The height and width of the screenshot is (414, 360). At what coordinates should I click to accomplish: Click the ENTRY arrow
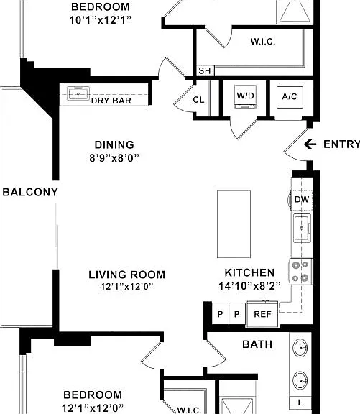point(310,144)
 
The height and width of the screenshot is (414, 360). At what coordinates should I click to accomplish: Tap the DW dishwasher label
point(302,199)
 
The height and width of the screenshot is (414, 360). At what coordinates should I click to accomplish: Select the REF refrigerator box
point(262,314)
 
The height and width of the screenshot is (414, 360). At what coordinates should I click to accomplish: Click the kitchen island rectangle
point(234,224)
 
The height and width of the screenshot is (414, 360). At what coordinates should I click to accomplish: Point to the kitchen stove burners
point(300,271)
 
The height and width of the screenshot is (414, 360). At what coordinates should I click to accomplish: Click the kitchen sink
point(302,228)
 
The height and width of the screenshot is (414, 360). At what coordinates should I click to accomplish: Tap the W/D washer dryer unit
point(246,97)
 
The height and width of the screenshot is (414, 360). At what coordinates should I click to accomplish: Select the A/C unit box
point(290,97)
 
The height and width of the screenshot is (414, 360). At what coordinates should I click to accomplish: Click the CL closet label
point(198,100)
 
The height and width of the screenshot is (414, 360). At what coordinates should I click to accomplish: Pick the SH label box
point(205,70)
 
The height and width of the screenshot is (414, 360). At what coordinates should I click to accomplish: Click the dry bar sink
point(78,93)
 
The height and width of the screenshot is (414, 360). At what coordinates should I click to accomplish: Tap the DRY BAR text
point(111,101)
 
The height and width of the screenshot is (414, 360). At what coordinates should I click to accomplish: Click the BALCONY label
point(30,192)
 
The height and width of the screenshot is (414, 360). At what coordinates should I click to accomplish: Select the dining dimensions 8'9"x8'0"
point(114,158)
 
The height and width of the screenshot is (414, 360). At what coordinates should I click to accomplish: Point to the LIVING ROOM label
point(126,275)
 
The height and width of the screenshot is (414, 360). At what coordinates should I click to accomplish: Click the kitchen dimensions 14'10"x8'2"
point(249,285)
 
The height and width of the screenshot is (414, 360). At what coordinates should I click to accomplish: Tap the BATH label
point(257,344)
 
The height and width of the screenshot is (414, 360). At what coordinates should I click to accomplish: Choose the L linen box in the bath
point(300,402)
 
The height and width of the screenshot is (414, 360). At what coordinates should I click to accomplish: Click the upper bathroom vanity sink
point(300,348)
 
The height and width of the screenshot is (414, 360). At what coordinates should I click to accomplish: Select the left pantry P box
point(221,314)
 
